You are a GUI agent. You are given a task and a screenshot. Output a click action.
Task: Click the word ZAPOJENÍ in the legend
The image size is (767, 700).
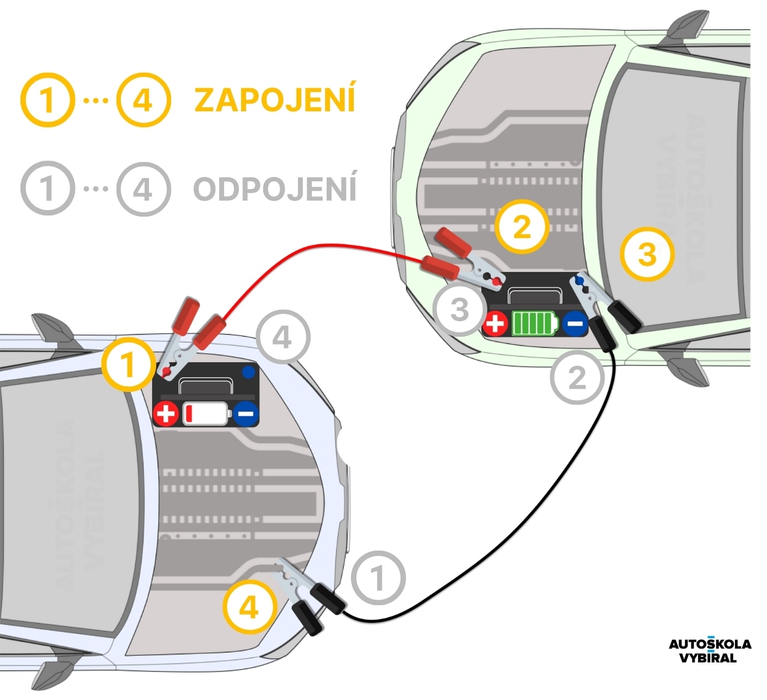click(x=274, y=99)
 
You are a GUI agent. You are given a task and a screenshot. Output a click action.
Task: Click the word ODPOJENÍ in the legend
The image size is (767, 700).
click(x=274, y=189)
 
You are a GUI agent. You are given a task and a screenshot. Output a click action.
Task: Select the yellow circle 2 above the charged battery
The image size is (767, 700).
click(x=521, y=227)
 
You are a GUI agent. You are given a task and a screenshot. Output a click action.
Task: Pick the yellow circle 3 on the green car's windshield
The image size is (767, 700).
click(x=647, y=254)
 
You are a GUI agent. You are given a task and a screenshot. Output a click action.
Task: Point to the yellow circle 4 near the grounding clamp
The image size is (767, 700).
click(x=249, y=607)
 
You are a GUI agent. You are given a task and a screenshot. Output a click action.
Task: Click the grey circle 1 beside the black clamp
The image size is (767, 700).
click(x=378, y=578)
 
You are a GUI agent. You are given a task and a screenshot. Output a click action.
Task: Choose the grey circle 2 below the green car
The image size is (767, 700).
click(x=577, y=378)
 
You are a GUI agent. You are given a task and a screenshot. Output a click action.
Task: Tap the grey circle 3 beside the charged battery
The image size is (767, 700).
click(x=460, y=309)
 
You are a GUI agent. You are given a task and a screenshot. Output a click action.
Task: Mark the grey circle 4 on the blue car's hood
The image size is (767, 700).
click(x=283, y=337)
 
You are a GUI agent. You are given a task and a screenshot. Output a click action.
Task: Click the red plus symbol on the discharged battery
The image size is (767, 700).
click(x=166, y=413)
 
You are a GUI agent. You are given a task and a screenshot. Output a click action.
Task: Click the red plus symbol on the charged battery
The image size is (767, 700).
click(x=495, y=324)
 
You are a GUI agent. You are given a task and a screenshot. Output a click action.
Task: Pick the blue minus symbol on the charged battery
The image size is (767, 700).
click(x=575, y=324)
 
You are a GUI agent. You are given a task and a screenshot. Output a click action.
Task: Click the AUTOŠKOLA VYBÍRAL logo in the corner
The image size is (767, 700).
click(x=709, y=650)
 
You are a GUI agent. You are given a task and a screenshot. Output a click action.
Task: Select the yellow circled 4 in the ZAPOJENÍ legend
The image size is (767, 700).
click(x=143, y=100)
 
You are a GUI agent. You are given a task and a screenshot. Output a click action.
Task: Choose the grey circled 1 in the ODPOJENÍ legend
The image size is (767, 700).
click(x=47, y=188)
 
